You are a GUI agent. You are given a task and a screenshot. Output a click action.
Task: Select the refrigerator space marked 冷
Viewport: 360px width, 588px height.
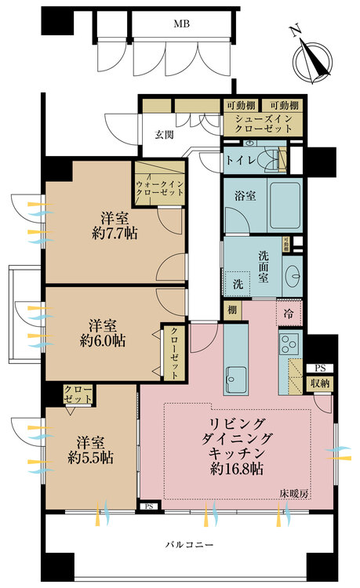click(x=288, y=313)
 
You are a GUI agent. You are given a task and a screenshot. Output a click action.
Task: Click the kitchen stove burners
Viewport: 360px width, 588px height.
click(x=288, y=346)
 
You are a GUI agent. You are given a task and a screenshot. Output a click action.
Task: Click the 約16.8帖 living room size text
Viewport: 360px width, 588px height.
click(x=237, y=469)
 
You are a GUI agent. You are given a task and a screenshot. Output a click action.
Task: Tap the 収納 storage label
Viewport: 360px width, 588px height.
click(x=319, y=383)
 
